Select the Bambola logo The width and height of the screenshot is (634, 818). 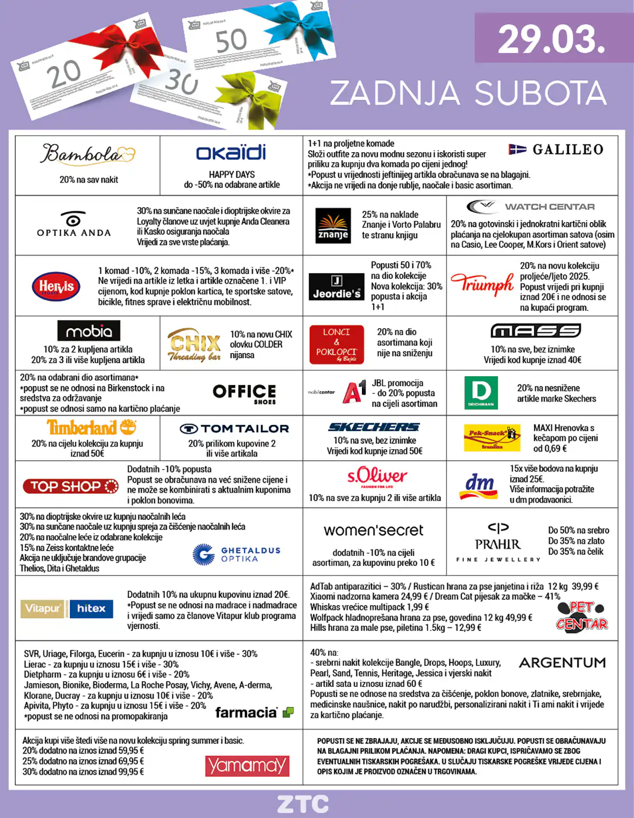coord(88,154)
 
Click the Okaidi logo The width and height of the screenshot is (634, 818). coord(231,153)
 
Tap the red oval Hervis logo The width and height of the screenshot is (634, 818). coord(56,286)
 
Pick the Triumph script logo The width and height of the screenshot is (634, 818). coord(482,284)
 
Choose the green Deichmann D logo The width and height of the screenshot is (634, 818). coord(481,393)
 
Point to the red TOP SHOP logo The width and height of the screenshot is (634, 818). coord(70,486)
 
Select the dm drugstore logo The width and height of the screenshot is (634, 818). coord(479,486)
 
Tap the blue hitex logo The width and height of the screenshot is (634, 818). coord(91,608)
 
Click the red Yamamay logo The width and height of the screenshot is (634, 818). coord(247,765)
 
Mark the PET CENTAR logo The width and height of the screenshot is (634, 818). coord(581,616)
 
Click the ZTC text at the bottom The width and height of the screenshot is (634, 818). coord(303,804)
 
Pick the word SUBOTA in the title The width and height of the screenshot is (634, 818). coord(540,93)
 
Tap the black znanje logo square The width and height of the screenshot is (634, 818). coord(333,226)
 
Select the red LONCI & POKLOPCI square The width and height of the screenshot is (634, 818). coord(337,344)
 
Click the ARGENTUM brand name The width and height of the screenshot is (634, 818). coord(562,663)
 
